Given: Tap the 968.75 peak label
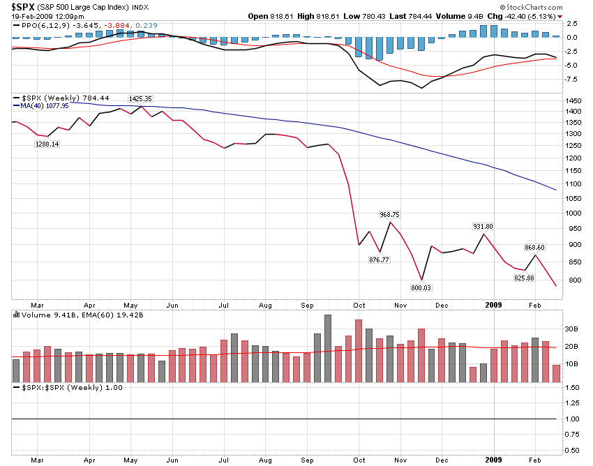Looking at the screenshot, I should pos(390,214).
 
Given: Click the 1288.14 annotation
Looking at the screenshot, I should pos(47,144).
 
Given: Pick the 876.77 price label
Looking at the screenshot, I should pos(380,260).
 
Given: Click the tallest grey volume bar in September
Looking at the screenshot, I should pos(328,348).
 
